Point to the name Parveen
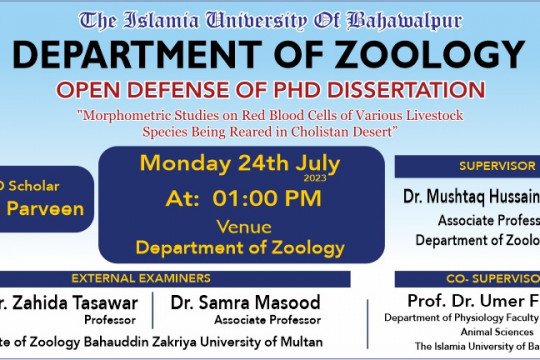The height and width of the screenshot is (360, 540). (x=46, y=209)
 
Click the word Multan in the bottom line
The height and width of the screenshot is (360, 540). (x=300, y=342)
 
